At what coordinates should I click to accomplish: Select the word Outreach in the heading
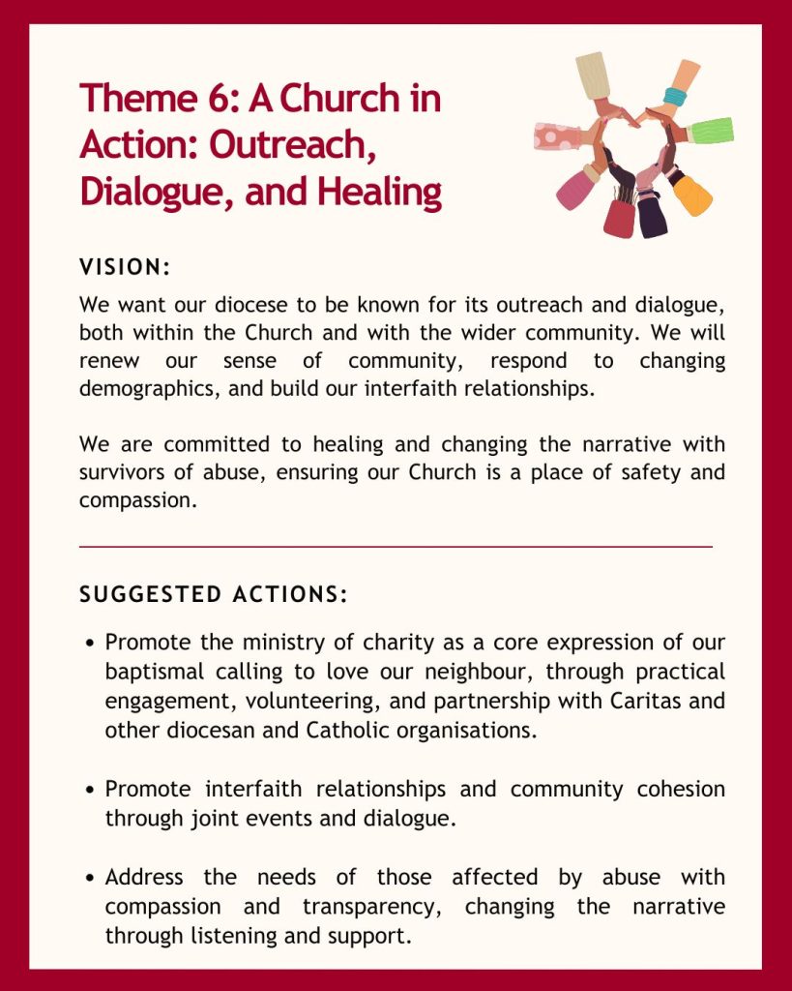(293, 145)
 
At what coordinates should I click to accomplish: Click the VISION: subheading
(125, 266)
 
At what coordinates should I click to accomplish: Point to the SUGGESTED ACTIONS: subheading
(213, 594)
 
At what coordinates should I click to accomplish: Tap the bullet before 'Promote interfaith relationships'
(90, 790)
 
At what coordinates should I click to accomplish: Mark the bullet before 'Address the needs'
(90, 879)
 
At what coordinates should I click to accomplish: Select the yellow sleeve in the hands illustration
(695, 196)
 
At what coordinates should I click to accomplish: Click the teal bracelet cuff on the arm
(675, 96)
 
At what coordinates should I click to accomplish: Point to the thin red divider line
(396, 547)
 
